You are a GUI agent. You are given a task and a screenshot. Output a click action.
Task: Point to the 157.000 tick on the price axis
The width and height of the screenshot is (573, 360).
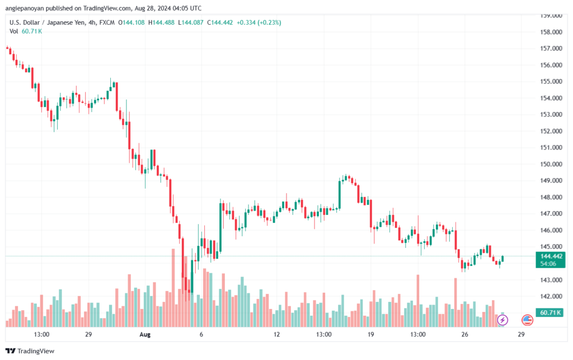coord(551,49)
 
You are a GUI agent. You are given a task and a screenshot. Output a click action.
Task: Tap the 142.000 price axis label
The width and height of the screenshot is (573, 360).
coord(551,296)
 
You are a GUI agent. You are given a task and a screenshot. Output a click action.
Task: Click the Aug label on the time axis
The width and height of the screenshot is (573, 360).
coord(145,334)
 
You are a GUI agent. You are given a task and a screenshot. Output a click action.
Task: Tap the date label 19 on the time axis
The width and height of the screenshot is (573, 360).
coord(371,334)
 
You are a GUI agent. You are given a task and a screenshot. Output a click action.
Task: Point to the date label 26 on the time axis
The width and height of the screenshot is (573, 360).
coord(464,334)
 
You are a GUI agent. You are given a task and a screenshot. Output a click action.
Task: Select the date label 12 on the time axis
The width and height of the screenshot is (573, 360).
coord(276,334)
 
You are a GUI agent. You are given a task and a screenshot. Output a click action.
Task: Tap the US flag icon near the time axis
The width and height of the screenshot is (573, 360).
coord(527,320)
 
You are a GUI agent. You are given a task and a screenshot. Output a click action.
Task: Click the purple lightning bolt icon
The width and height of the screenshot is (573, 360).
coord(502,320)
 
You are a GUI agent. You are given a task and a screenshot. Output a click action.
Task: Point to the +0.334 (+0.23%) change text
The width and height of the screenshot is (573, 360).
coord(259,22)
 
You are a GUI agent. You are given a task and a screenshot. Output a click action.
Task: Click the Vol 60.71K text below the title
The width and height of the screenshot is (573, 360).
coord(25,31)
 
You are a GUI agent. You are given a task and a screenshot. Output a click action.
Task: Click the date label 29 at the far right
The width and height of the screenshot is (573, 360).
coord(521,334)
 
